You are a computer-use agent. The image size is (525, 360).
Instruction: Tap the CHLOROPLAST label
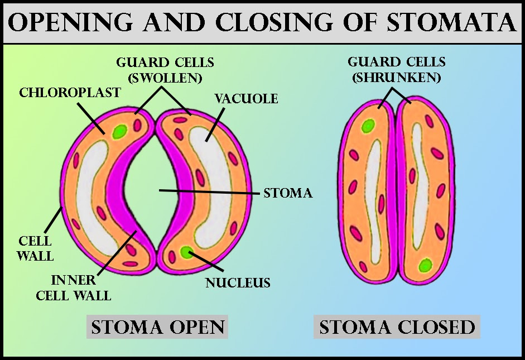(70, 92)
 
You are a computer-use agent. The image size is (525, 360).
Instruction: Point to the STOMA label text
(288, 194)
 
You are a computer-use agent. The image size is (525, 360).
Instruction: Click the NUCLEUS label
(238, 282)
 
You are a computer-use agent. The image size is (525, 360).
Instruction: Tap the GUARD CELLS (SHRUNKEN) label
(394, 70)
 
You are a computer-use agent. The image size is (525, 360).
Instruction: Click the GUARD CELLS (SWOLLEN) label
(165, 70)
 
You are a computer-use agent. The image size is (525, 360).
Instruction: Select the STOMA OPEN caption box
(158, 327)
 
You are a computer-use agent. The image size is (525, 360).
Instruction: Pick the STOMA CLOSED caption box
(397, 327)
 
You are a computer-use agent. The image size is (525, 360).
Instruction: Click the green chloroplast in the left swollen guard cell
(119, 132)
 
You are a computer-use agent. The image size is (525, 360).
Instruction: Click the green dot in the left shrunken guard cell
(367, 126)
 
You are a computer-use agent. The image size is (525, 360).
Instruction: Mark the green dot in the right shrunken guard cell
(426, 264)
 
